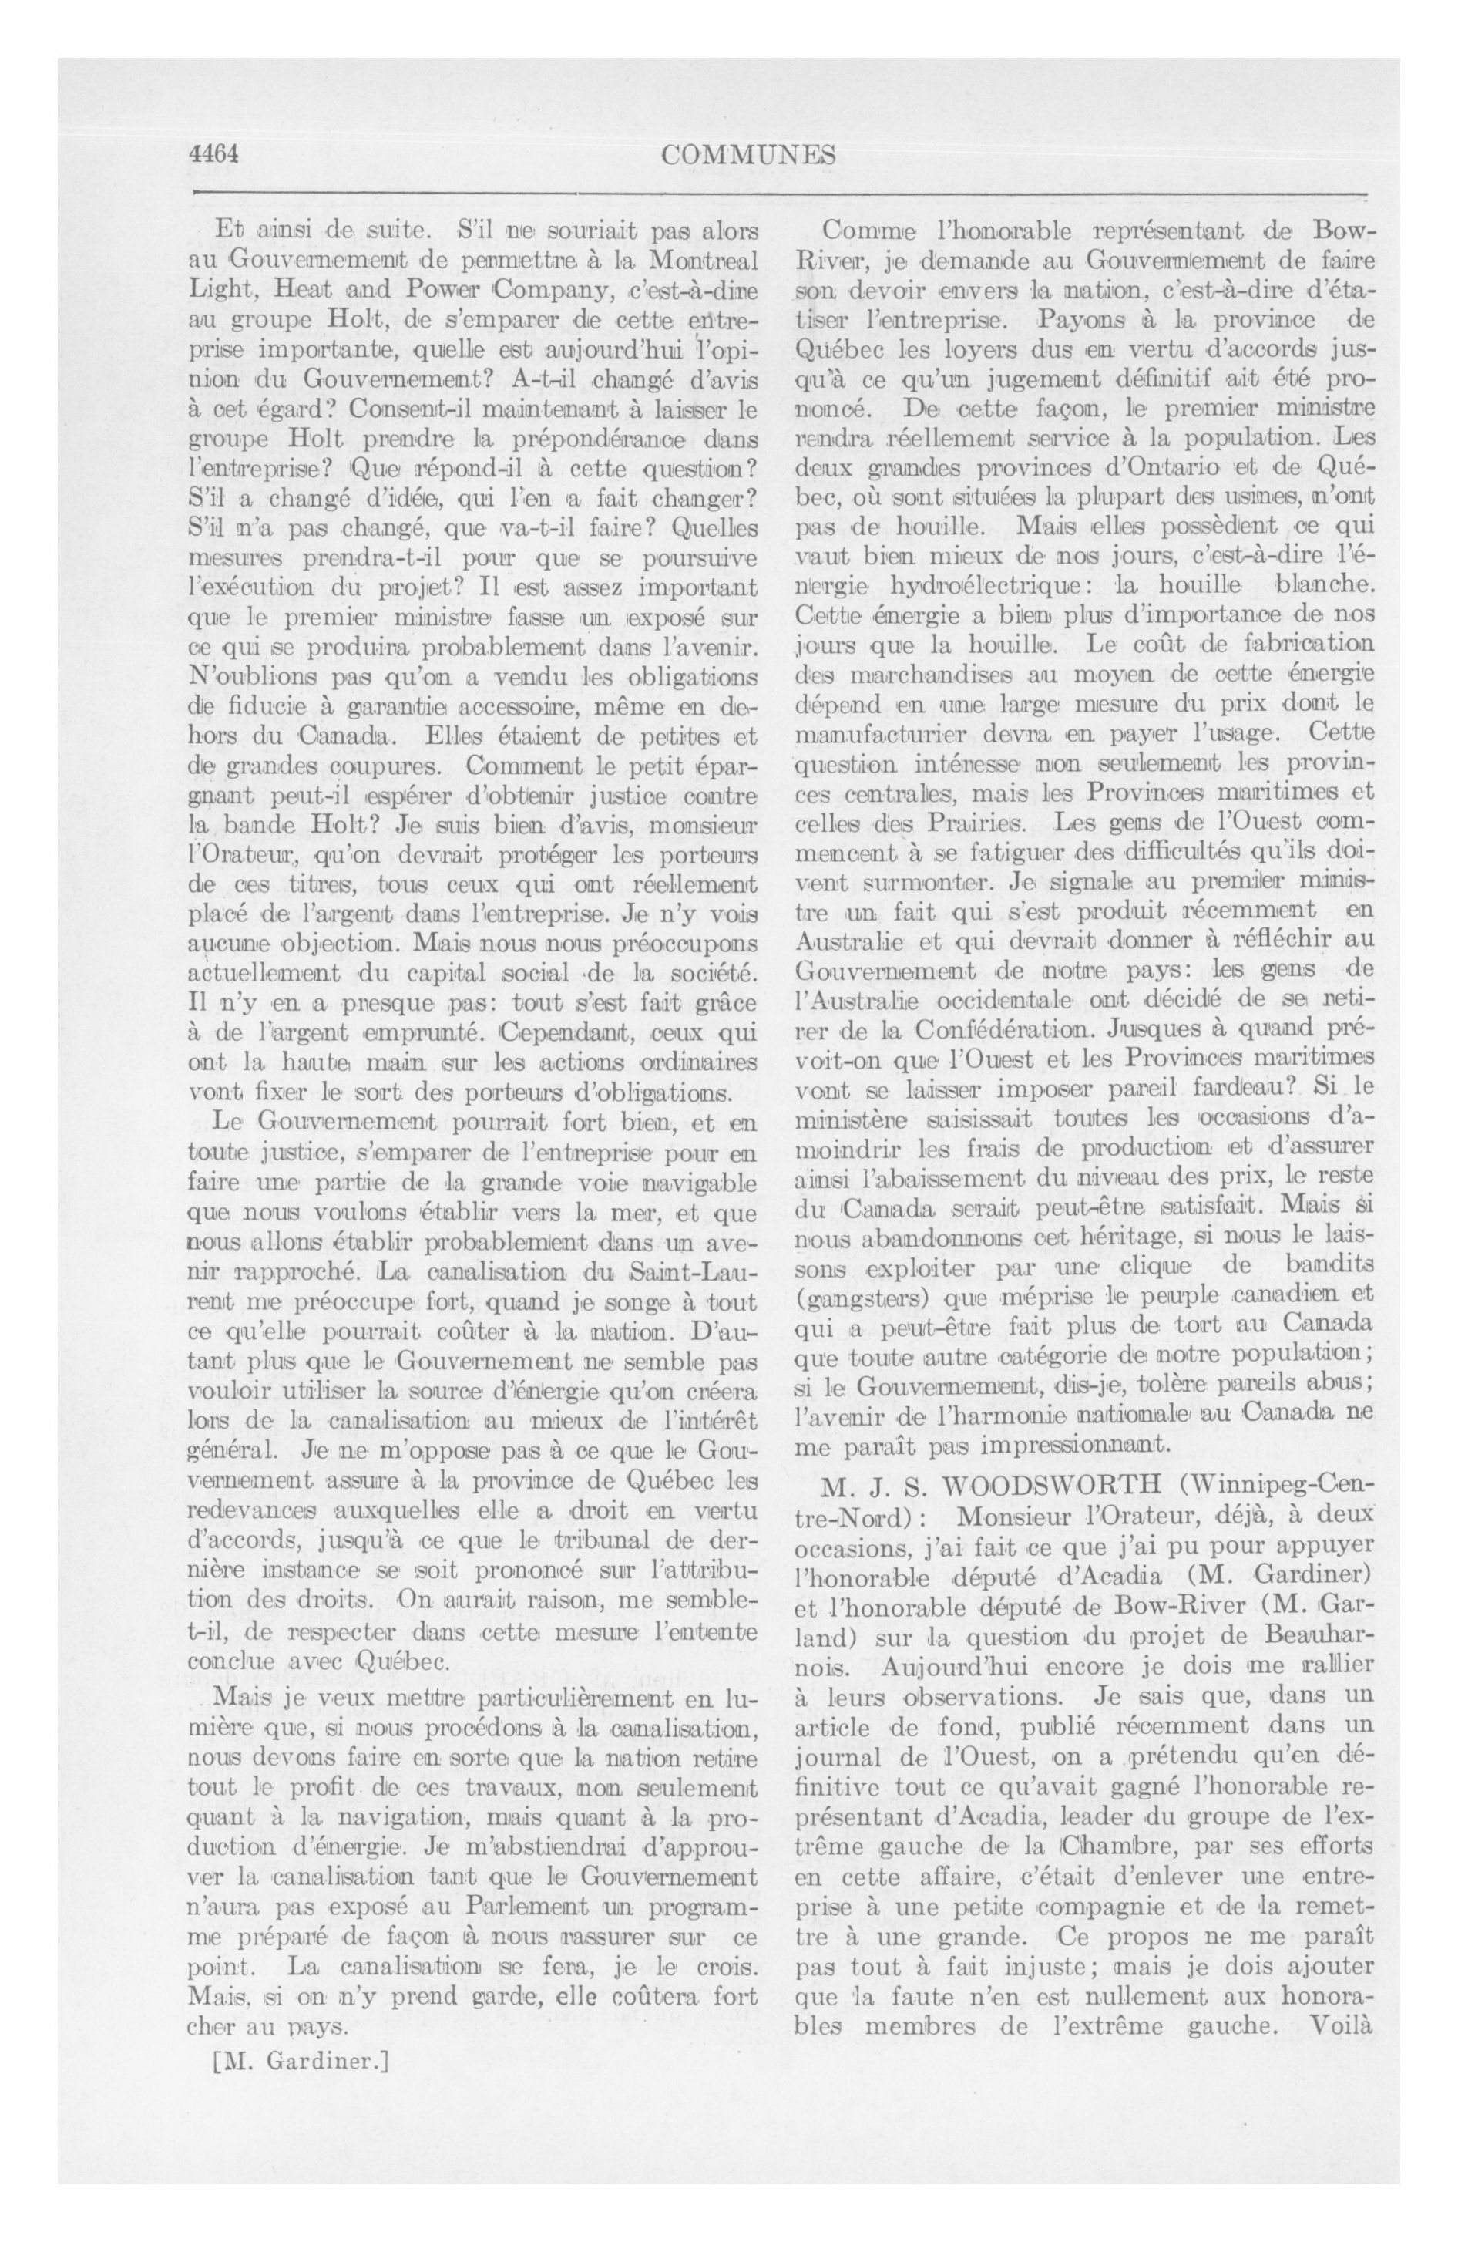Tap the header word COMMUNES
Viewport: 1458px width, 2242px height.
(x=749, y=156)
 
